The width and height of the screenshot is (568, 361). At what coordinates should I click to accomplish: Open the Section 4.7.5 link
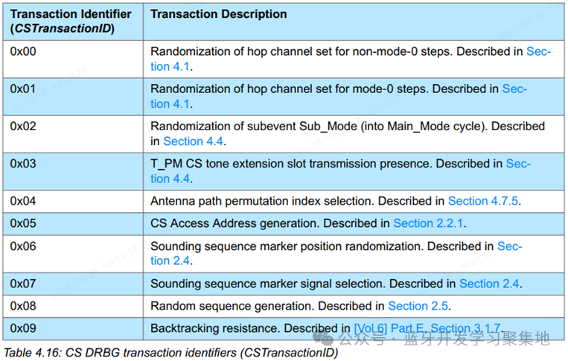483,201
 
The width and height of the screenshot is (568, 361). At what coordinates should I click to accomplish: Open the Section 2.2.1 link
428,223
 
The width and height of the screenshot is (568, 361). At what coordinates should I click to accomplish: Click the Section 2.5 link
418,306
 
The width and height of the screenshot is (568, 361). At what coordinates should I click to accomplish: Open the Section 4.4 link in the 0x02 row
193,141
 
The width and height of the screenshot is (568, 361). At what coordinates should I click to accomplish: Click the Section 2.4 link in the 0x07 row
489,284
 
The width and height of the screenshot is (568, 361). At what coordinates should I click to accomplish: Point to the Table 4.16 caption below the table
170,353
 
